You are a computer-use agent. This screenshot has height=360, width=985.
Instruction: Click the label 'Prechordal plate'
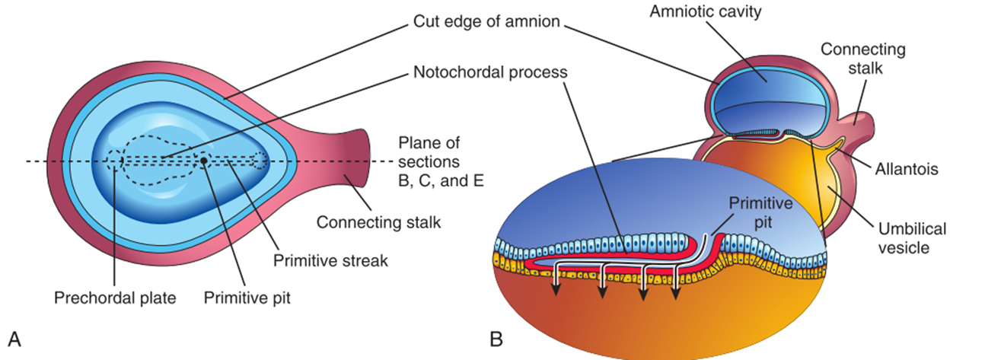coord(115,298)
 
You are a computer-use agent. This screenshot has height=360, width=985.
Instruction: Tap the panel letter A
coord(13,336)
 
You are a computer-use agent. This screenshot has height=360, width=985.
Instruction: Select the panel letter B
coord(496,336)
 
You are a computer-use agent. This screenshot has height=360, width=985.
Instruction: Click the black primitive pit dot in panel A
coord(204,161)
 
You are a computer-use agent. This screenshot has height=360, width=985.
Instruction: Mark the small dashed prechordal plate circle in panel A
coord(115,161)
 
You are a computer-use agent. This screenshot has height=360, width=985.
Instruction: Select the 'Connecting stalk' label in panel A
coord(378,223)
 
